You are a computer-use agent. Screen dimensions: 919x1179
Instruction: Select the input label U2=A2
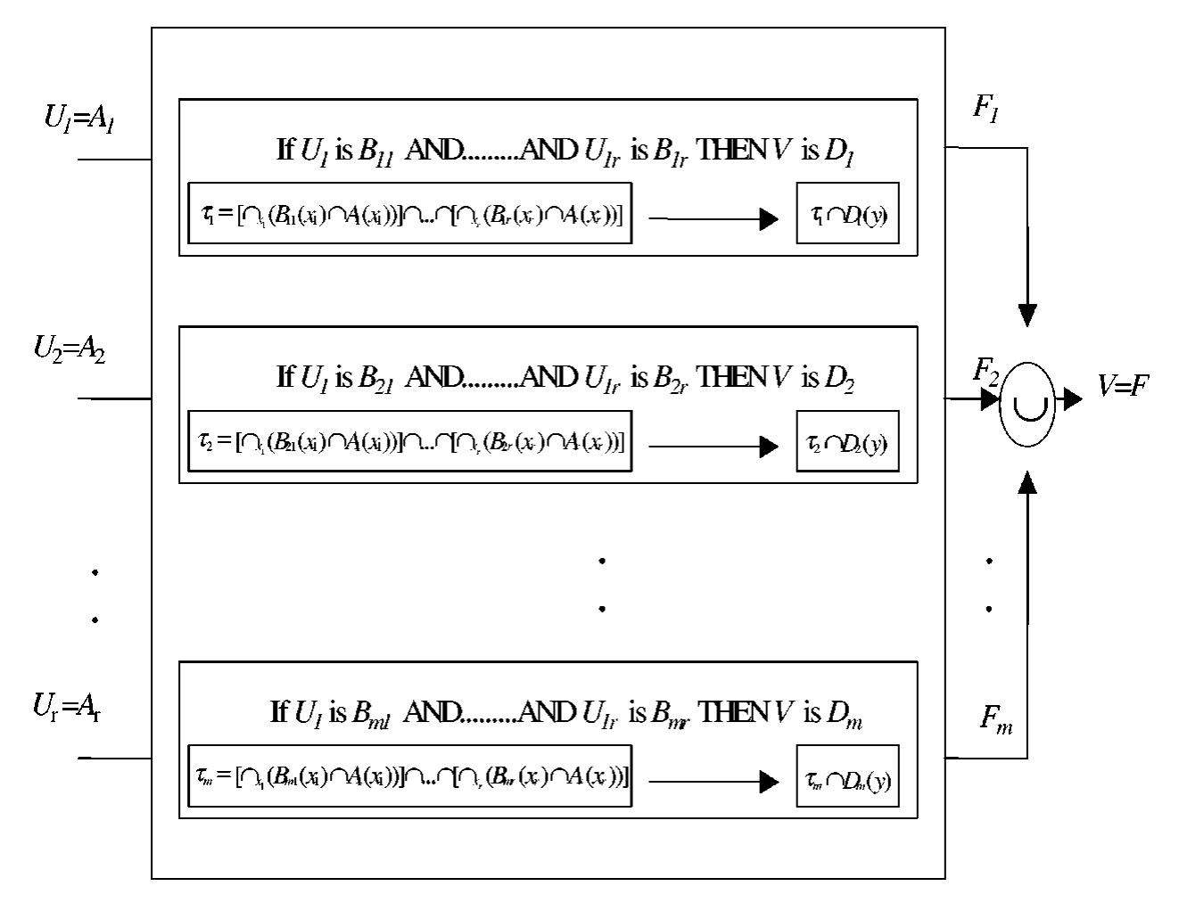point(70,349)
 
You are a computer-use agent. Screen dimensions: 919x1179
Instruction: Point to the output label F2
point(985,369)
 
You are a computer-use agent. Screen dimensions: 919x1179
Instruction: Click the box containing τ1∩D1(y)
point(847,214)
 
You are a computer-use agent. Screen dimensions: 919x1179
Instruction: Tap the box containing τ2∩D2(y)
point(847,442)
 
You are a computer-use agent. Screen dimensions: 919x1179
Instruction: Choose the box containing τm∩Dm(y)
point(847,777)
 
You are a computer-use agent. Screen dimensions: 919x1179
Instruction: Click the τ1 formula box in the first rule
point(410,214)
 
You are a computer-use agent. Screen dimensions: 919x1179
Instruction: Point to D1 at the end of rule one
point(839,152)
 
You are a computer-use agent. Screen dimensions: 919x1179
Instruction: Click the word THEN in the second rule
point(730,378)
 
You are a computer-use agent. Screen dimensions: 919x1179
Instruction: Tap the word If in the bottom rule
point(279,712)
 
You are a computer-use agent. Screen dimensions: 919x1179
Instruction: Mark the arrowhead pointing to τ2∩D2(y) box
point(769,446)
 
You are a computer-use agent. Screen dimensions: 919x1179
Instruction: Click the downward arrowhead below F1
point(1027,316)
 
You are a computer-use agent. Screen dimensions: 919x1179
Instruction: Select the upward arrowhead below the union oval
point(1027,482)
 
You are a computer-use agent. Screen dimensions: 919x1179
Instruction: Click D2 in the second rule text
point(839,380)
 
